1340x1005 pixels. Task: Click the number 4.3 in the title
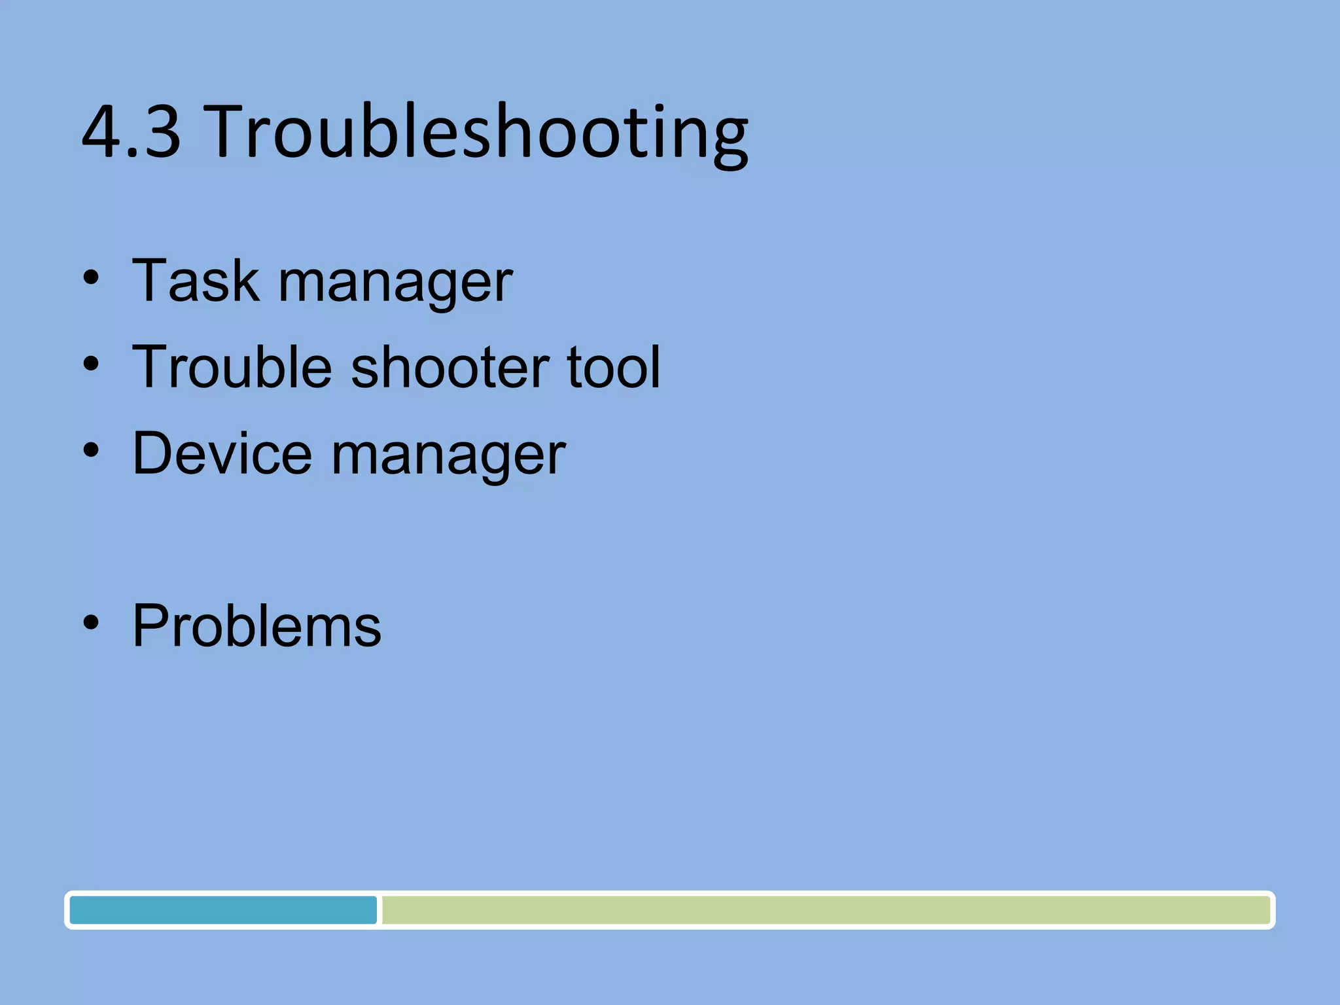pyautogui.click(x=131, y=132)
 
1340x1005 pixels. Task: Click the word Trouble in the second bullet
pyautogui.click(x=232, y=367)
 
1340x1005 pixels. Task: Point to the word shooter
pyautogui.click(x=450, y=367)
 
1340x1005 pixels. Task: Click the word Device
pyautogui.click(x=222, y=453)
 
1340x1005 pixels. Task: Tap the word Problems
pyautogui.click(x=256, y=626)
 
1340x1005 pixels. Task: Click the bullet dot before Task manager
pyautogui.click(x=91, y=278)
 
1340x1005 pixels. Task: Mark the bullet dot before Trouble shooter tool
pyautogui.click(x=91, y=364)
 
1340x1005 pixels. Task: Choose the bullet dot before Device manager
pyautogui.click(x=91, y=451)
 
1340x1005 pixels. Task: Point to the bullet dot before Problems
pyautogui.click(x=91, y=623)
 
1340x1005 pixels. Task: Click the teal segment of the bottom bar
pyautogui.click(x=222, y=910)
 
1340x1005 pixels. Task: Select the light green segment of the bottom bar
pyautogui.click(x=824, y=910)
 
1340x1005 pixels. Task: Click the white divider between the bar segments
pyautogui.click(x=379, y=910)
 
